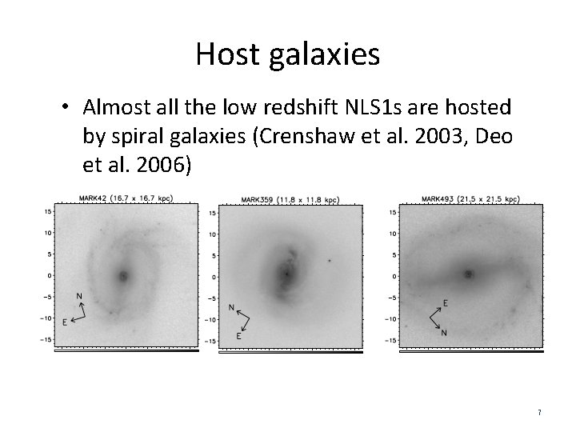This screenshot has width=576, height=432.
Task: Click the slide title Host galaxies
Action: pyautogui.click(x=287, y=54)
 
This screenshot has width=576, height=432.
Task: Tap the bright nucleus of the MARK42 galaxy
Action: pyautogui.click(x=123, y=276)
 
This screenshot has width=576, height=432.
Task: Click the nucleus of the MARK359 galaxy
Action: pyautogui.click(x=286, y=274)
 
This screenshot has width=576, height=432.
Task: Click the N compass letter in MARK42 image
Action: pyautogui.click(x=78, y=295)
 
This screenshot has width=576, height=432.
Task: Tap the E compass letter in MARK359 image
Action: pyautogui.click(x=238, y=338)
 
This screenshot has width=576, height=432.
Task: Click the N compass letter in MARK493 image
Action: pyautogui.click(x=445, y=333)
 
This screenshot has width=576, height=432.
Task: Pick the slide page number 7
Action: pyautogui.click(x=539, y=412)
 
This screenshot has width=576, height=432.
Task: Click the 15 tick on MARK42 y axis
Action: pyautogui.click(x=48, y=211)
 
